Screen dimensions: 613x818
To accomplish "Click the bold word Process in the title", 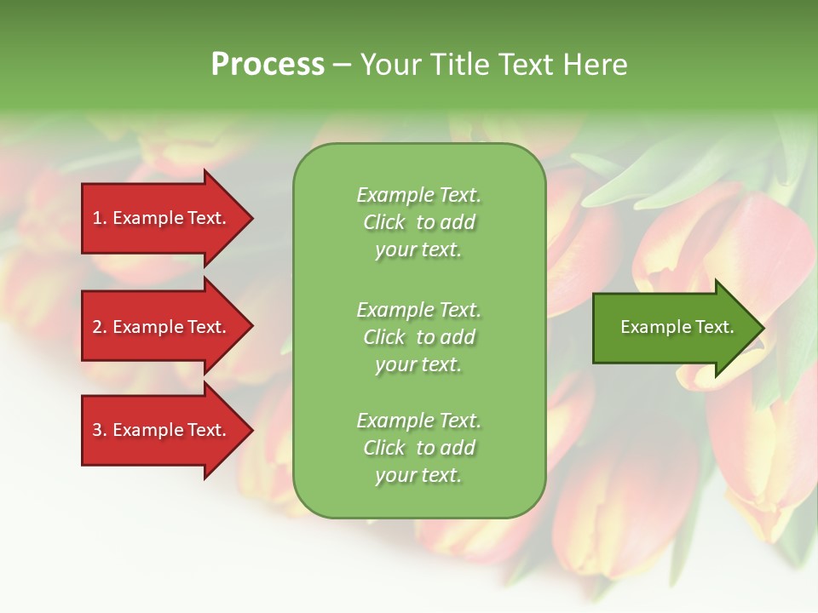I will [268, 65].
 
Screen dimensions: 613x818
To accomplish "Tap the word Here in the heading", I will [596, 65].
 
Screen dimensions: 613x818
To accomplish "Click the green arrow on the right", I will [673, 328].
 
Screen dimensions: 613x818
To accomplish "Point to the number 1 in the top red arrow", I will [97, 219].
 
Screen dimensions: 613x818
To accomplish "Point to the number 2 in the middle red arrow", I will [97, 328].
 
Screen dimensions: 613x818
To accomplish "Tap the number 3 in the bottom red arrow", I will [97, 431].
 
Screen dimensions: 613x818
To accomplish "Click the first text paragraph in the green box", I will [418, 222].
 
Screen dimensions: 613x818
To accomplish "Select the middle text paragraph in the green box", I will [418, 337].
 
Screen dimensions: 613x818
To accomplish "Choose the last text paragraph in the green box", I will [418, 448].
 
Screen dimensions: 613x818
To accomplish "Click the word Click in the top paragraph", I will [383, 222].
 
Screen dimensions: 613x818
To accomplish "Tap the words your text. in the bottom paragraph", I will [418, 475].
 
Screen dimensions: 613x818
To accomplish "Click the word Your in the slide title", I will [390, 65].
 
